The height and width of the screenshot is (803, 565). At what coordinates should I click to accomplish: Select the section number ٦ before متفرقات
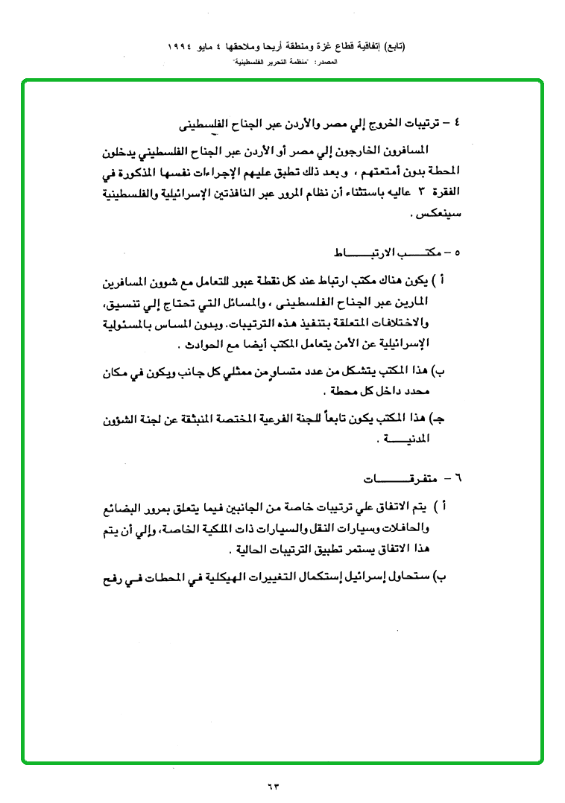tap(458, 475)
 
